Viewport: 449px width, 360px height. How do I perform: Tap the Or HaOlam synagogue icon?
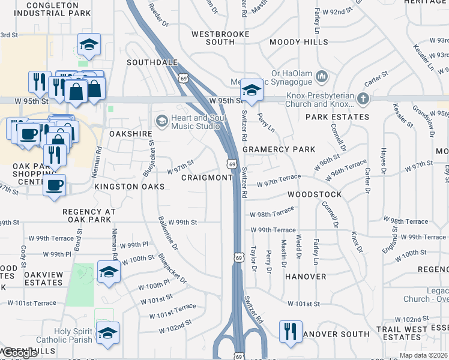coord(322,76)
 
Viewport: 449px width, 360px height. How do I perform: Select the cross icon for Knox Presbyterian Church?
coord(363,98)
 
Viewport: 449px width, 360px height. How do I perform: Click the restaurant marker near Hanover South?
coord(291,331)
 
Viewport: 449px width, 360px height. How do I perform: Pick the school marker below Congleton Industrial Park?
coord(89,44)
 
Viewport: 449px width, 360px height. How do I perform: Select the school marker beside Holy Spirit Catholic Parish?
coord(108,333)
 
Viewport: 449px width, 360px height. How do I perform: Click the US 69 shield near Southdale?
coord(184,78)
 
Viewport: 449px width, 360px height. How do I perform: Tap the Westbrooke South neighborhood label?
coord(220,38)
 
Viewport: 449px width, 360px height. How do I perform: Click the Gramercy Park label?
coord(279,149)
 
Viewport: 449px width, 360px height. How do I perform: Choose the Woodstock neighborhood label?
coord(315,194)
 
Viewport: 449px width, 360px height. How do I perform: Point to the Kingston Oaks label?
coord(129,187)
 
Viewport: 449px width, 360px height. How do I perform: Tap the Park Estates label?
coord(337,116)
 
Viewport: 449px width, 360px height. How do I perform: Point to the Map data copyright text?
coord(423,355)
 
